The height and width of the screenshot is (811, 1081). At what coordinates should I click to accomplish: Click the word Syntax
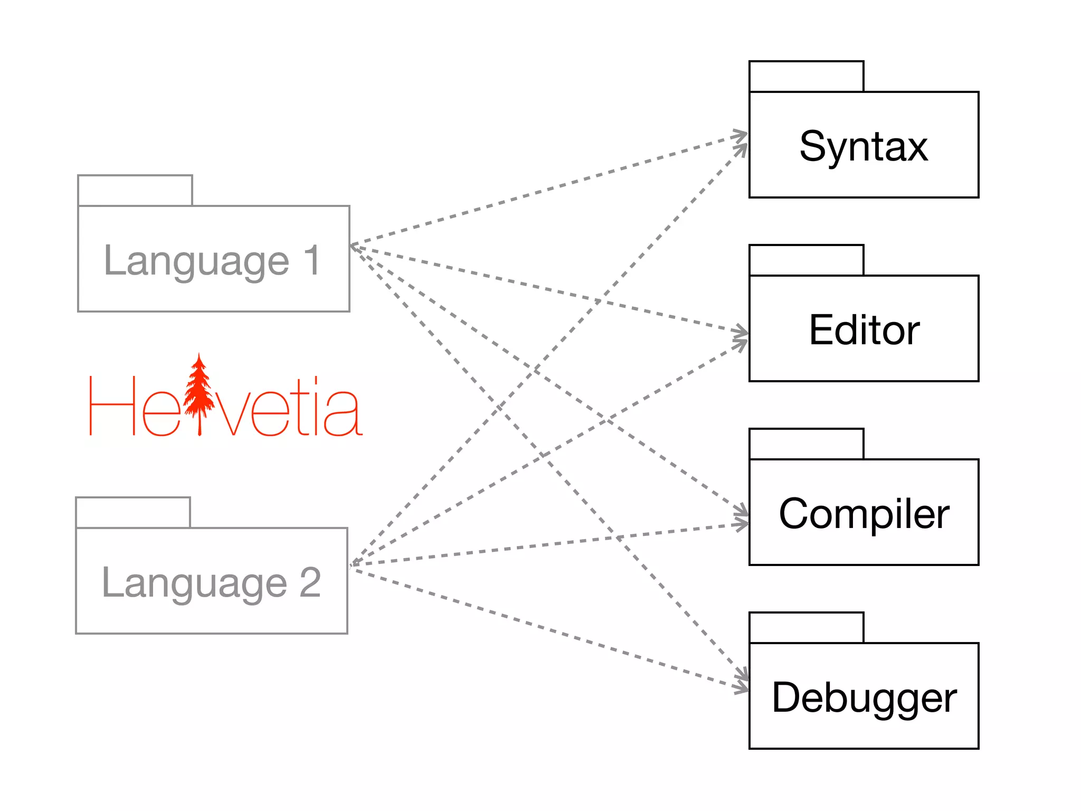tap(864, 147)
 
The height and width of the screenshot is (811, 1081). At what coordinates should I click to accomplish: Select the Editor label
tap(864, 331)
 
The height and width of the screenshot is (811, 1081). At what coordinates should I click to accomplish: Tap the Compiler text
tap(864, 514)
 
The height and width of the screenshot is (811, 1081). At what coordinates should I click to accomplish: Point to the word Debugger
tap(864, 698)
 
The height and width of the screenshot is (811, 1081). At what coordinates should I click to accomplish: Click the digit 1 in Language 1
tap(312, 260)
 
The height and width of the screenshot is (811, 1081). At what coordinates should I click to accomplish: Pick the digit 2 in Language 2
tap(310, 582)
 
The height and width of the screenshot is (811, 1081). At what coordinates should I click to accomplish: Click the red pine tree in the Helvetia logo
tap(199, 393)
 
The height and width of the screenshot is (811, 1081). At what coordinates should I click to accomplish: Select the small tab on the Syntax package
tap(806, 77)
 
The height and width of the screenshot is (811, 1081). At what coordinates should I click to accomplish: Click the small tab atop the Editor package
tap(806, 260)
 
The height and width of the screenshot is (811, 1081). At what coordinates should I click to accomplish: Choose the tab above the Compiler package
tap(806, 444)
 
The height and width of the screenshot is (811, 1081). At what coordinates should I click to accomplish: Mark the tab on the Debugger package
tap(806, 628)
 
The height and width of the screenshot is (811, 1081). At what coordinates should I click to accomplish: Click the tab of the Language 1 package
tap(135, 191)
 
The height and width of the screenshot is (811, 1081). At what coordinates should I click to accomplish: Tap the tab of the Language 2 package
tap(133, 513)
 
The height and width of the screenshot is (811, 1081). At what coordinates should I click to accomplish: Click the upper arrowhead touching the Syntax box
tap(741, 134)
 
